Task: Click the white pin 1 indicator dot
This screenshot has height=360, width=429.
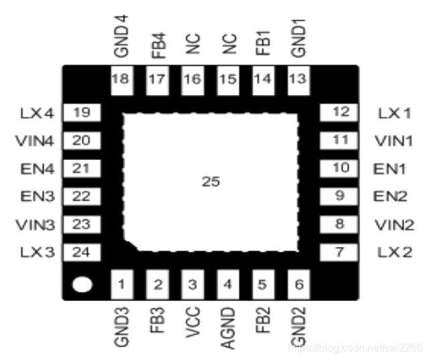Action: pos(82,286)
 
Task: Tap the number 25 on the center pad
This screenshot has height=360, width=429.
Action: pos(211,182)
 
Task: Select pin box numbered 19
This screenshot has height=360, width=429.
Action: pos(81,112)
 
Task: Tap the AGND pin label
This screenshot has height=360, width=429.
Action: pos(228,327)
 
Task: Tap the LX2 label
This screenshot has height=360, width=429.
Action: pos(394,252)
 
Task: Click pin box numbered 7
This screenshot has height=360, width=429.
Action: pos(341,252)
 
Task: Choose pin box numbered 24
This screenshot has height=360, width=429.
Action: pos(81,252)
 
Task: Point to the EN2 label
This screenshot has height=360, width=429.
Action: pos(391,196)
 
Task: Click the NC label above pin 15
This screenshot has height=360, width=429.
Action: pos(228,45)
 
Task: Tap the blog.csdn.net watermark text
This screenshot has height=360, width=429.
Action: pos(355,347)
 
